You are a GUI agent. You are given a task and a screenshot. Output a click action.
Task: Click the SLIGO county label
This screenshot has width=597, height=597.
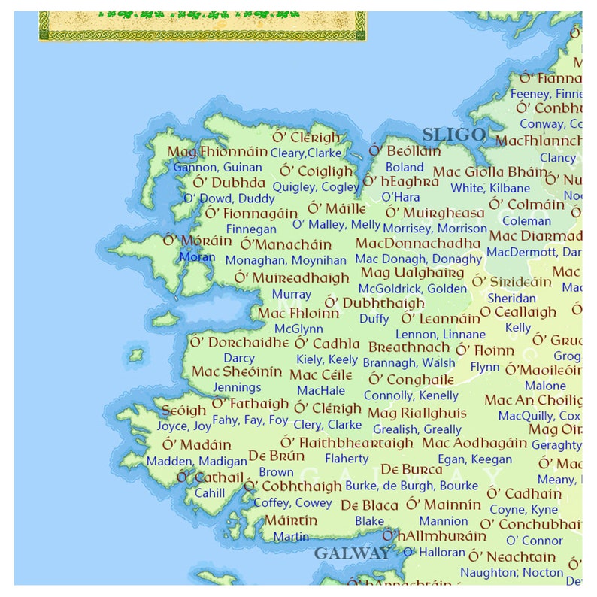(x=453, y=135)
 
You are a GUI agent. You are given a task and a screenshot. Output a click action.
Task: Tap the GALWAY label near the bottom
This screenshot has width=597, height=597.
(x=352, y=553)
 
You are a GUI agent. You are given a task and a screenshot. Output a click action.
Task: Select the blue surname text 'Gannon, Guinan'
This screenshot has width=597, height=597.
(x=217, y=168)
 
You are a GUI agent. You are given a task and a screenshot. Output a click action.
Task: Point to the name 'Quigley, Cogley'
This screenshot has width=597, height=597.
(x=316, y=187)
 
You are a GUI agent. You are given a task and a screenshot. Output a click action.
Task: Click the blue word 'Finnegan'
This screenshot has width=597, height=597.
(x=251, y=229)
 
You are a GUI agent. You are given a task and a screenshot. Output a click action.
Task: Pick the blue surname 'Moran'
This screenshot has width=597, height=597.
(x=197, y=256)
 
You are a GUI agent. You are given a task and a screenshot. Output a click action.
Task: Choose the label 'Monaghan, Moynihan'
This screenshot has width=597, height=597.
(x=286, y=260)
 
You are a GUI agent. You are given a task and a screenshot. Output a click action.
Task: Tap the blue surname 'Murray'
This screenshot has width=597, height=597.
(x=292, y=294)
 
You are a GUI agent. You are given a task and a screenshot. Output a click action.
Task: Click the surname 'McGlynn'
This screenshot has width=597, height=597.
(x=298, y=329)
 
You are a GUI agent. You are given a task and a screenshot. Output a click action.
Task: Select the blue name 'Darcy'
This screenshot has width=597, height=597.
(x=239, y=359)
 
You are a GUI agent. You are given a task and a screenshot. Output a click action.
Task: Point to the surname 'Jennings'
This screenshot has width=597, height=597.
(x=238, y=388)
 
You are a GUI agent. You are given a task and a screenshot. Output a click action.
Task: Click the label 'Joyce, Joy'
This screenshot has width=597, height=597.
(x=183, y=426)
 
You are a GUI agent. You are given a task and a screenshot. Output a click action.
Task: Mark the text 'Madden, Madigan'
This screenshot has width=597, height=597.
(x=196, y=461)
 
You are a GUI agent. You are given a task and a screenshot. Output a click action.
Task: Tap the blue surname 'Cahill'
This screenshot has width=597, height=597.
(x=210, y=493)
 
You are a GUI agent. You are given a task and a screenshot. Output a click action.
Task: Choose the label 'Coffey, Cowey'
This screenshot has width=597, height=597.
(x=292, y=503)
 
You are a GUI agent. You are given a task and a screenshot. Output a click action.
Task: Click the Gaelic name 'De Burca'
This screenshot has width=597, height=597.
(x=411, y=470)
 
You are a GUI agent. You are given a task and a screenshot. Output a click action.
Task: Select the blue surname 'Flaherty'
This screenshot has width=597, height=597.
(x=347, y=459)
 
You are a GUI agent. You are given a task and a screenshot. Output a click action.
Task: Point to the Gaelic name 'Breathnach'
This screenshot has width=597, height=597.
(x=409, y=348)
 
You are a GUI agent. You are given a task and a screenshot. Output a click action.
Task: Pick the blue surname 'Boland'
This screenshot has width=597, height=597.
(x=405, y=168)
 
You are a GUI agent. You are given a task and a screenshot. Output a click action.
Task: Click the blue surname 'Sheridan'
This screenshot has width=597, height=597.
(x=511, y=298)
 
